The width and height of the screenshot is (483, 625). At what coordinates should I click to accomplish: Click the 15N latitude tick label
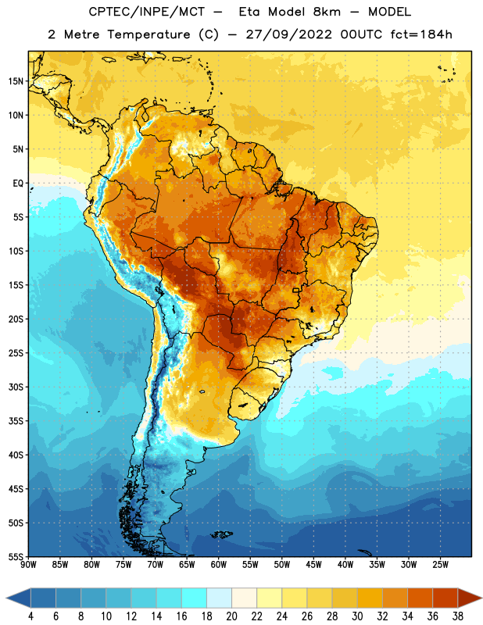click(x=16, y=81)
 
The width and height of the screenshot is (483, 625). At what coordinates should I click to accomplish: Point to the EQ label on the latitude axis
click(x=18, y=184)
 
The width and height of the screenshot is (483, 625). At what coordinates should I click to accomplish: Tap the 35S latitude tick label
click(x=16, y=421)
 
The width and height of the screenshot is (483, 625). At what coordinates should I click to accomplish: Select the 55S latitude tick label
click(x=16, y=556)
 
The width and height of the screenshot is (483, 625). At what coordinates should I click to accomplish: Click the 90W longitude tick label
click(x=28, y=565)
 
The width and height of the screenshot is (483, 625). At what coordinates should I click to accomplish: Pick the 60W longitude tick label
click(x=219, y=565)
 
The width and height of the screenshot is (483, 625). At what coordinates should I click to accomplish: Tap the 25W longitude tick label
click(x=440, y=565)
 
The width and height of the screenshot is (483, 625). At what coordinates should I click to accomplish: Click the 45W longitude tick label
click(x=313, y=565)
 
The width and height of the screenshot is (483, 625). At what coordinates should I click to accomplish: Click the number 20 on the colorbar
click(x=231, y=616)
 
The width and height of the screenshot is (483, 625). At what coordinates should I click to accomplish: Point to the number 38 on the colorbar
click(x=458, y=616)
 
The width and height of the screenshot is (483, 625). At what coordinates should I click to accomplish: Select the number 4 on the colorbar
click(x=30, y=616)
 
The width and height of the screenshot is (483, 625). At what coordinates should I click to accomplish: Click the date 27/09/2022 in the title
click(x=288, y=34)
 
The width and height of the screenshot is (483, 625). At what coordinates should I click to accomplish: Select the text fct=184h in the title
click(x=421, y=34)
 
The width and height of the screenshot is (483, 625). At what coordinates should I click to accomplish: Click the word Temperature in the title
click(x=148, y=34)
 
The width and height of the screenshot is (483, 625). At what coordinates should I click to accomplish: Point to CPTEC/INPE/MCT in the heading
click(x=147, y=12)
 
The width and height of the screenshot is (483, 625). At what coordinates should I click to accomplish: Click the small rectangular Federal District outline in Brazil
click(x=296, y=290)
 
